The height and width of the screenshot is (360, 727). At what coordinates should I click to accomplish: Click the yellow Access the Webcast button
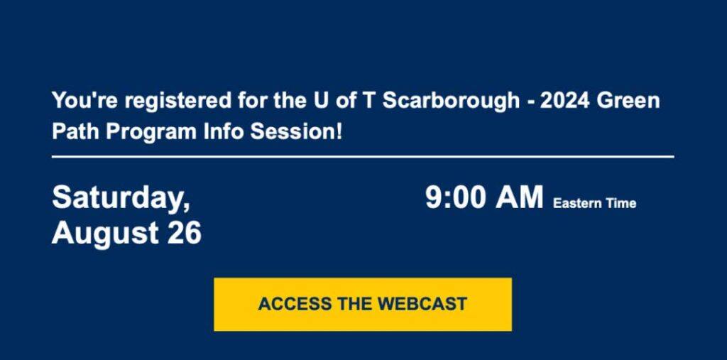click(363, 305)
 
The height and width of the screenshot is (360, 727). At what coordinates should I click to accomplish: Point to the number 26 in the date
click(185, 232)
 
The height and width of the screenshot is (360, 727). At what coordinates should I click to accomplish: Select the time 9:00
click(455, 197)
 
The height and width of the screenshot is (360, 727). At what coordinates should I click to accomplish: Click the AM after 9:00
click(519, 197)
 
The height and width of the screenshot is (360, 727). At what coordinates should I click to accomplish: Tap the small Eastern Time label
click(594, 203)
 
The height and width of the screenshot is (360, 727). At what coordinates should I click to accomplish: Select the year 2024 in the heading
click(564, 101)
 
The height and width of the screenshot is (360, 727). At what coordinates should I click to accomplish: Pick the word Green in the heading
click(628, 101)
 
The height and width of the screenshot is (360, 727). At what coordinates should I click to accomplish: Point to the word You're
click(85, 101)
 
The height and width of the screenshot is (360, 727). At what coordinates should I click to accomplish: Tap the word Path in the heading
click(75, 132)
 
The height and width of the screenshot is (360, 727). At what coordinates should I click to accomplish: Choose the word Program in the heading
click(151, 133)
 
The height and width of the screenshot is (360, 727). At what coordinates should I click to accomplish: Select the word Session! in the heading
click(296, 132)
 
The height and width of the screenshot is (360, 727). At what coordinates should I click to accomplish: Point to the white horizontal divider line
click(363, 157)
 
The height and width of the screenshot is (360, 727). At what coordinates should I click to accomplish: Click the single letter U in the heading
click(315, 101)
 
